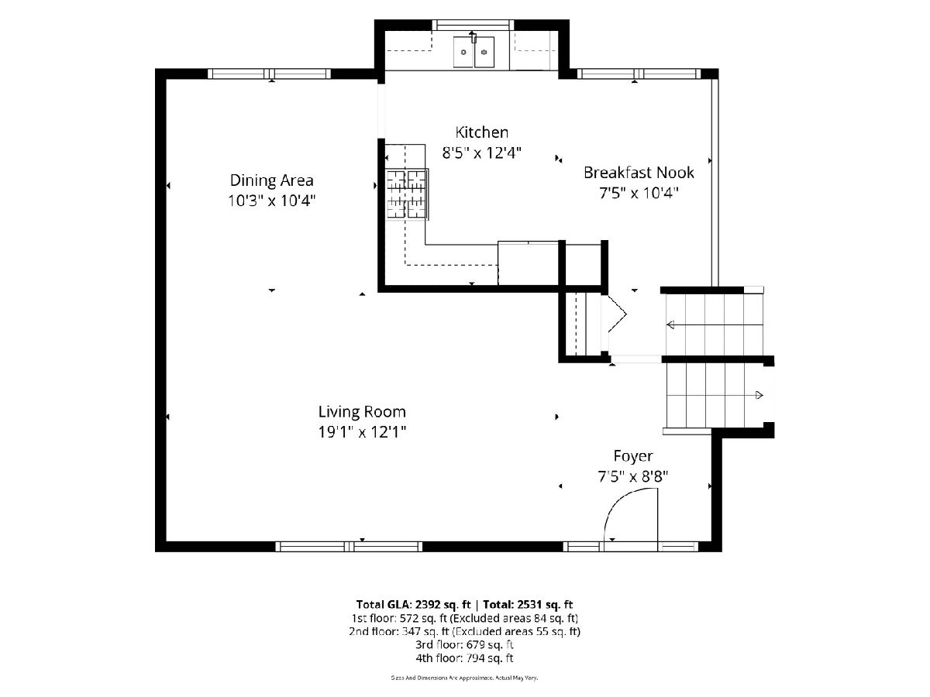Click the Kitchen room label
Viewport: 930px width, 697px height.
[482, 132]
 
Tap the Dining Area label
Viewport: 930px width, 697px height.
[271, 180]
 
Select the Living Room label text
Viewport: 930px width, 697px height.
[362, 412]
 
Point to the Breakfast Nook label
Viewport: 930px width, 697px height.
[639, 173]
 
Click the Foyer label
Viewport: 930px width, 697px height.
[633, 457]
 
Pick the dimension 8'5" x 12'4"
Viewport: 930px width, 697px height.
[482, 153]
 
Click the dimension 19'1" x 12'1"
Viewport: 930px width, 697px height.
[362, 432]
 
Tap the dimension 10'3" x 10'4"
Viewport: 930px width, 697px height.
[271, 200]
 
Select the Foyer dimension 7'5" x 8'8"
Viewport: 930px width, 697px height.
[633, 476]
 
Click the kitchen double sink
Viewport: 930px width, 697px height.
[474, 52]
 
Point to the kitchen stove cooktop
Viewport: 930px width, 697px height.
[406, 194]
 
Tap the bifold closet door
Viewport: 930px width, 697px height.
[616, 314]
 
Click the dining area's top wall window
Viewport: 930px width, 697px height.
[269, 74]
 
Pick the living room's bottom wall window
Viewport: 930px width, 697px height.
[349, 546]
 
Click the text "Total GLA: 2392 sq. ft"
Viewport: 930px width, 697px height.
[414, 604]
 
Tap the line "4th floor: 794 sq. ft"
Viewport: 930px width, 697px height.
[464, 658]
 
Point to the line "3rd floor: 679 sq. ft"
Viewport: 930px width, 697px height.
[464, 644]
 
